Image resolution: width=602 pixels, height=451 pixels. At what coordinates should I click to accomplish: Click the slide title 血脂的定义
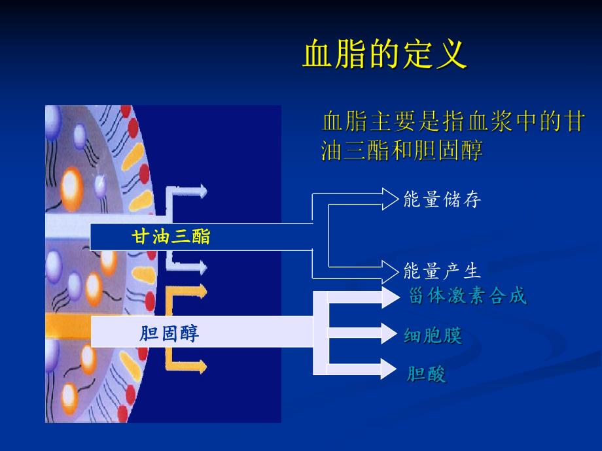pyautogui.click(x=384, y=55)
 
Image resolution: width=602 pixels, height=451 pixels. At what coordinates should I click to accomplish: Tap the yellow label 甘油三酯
pyautogui.click(x=171, y=237)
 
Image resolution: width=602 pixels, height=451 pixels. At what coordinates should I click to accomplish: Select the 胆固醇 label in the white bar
pyautogui.click(x=169, y=334)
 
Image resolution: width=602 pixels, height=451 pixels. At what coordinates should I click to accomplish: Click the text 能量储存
pyautogui.click(x=442, y=200)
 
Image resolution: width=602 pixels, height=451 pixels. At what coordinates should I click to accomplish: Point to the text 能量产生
pyautogui.click(x=442, y=271)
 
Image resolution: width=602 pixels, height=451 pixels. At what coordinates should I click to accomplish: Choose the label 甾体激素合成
pyautogui.click(x=467, y=296)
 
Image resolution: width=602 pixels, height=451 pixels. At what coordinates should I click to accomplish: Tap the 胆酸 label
pyautogui.click(x=426, y=375)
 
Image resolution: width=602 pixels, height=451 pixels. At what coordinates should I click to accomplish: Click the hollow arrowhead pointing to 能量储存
pyautogui.click(x=390, y=198)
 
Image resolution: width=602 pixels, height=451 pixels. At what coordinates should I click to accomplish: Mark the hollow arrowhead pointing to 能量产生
pyautogui.click(x=390, y=269)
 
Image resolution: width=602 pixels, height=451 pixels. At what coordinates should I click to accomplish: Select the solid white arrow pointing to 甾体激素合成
pyautogui.click(x=390, y=297)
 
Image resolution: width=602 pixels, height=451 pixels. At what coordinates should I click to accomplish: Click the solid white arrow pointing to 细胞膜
pyautogui.click(x=390, y=332)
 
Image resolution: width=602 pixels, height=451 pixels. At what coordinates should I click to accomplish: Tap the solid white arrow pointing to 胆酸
pyautogui.click(x=390, y=369)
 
